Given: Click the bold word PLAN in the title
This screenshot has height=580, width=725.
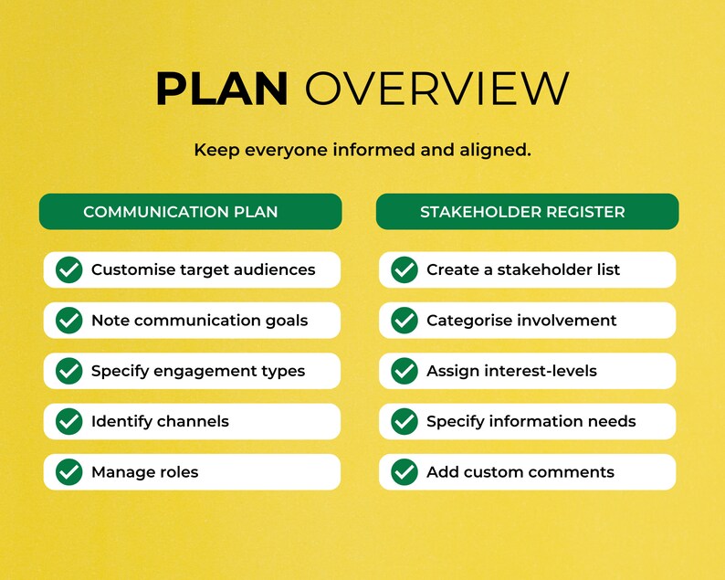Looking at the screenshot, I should pyautogui.click(x=222, y=89).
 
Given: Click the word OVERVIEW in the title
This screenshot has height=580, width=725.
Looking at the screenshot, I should pyautogui.click(x=436, y=89).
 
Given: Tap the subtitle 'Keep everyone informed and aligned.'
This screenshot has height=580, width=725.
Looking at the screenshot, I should pyautogui.click(x=362, y=150).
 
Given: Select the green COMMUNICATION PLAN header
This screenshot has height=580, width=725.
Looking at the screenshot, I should pyautogui.click(x=190, y=212).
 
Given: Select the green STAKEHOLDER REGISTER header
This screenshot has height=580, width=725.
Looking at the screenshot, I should pyautogui.click(x=527, y=212).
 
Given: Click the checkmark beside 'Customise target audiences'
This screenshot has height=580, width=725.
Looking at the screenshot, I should pyautogui.click(x=69, y=270).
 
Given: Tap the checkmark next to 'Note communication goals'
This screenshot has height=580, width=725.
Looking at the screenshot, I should pyautogui.click(x=69, y=321).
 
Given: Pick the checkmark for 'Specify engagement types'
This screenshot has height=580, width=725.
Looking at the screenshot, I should pyautogui.click(x=69, y=371).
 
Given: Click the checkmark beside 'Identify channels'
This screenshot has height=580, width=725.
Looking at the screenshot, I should pyautogui.click(x=69, y=421).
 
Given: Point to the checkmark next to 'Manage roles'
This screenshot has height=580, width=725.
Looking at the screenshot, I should pyautogui.click(x=69, y=472).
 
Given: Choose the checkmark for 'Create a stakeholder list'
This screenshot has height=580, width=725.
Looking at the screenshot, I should pyautogui.click(x=405, y=270).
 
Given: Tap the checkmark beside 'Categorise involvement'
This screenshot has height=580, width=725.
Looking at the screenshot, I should pyautogui.click(x=405, y=321).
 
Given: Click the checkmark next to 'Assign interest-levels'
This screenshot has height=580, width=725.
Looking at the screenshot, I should pyautogui.click(x=405, y=371).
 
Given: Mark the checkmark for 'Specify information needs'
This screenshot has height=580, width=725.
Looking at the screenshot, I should pyautogui.click(x=405, y=421).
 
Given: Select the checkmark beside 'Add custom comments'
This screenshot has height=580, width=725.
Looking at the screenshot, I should pyautogui.click(x=405, y=472).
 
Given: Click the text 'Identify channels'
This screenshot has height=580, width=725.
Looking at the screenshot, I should pyautogui.click(x=160, y=421).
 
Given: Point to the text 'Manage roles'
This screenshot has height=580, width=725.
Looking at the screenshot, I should pyautogui.click(x=144, y=472).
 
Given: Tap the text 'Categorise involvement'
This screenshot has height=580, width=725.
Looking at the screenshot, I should pyautogui.click(x=521, y=321).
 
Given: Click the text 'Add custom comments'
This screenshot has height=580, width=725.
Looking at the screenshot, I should pyautogui.click(x=520, y=472).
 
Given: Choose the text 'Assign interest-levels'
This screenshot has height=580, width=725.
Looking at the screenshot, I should pyautogui.click(x=511, y=371).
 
